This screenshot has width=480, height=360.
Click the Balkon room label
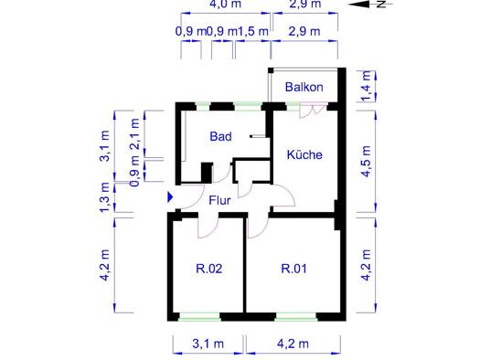coord(304,87)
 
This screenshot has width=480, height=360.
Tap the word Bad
coord(220,136)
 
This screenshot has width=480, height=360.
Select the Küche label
coord(304,154)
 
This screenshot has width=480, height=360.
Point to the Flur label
coord(219,200)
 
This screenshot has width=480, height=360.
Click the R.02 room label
coord(209,269)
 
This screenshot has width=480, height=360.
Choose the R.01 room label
coord(293,269)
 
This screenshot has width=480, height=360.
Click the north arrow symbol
coord(370,5)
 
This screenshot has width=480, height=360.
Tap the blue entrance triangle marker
coord(170,197)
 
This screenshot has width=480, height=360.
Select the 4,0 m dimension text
coord(225,5)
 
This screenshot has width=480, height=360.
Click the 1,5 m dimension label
coord(253,31)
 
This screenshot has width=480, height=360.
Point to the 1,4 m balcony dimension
coord(367,86)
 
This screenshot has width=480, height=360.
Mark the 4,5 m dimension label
coord(367,161)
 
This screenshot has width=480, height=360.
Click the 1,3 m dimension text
coord(105,197)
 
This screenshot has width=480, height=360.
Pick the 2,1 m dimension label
coord(134,133)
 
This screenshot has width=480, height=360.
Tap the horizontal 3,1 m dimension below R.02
coord(208,344)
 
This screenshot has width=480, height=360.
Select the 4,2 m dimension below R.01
coord(293,344)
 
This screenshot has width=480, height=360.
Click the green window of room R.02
coord(199,316)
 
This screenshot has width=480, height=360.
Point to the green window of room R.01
coord(296,316)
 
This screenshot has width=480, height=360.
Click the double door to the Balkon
coord(313,111)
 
